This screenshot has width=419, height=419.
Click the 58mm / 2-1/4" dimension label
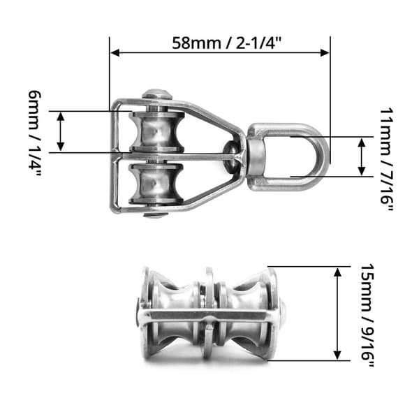click(227, 43)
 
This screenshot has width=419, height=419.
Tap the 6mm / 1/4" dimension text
click(35, 133)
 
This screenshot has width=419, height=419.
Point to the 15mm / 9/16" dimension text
click(367, 315)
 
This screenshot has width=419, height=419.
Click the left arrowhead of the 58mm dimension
click(115, 52)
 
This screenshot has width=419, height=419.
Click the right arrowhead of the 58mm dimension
click(325, 52)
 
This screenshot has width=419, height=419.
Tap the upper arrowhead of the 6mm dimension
click(61, 117)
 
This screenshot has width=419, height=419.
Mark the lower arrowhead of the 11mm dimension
click(362, 171)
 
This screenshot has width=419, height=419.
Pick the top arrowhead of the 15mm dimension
click(338, 272)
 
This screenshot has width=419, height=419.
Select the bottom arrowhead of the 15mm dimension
click(338, 355)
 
